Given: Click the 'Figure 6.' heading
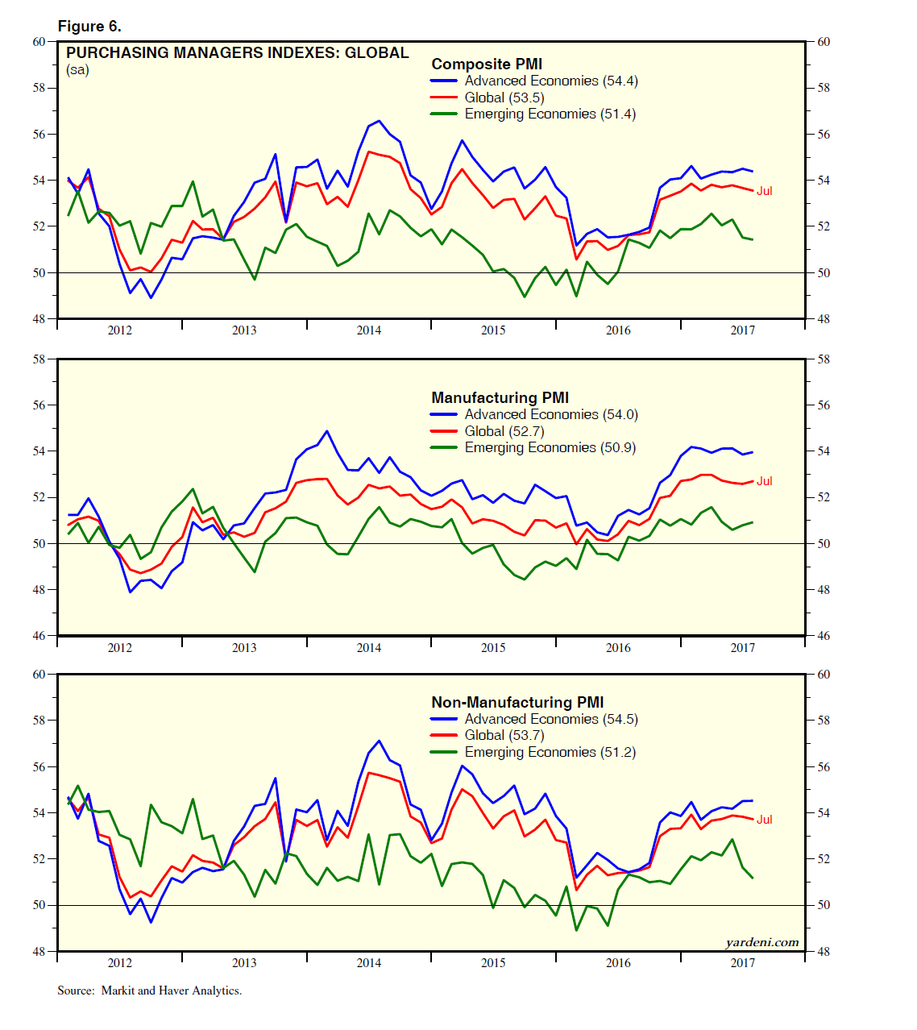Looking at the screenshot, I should tap(89, 27).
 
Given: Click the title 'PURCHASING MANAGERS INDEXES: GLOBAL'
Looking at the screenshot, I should tap(237, 53).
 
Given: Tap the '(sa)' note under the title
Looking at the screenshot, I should tap(77, 70).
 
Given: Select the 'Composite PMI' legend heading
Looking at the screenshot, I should tap(487, 64).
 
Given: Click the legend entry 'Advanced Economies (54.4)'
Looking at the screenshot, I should tap(551, 81).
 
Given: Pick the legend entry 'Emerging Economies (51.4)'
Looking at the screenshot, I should tap(550, 114).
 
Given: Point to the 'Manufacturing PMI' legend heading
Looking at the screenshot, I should tap(500, 397).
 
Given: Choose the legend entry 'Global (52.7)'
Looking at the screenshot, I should tap(504, 431).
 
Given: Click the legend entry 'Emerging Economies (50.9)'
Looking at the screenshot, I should tap(550, 448).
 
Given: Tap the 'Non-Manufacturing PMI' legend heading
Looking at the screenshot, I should tap(517, 702).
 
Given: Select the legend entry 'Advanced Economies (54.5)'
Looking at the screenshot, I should tap(551, 719).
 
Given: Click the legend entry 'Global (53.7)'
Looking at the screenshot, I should tap(504, 735).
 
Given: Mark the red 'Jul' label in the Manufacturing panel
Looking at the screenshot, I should tap(764, 481).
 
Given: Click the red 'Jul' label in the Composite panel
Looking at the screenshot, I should tap(764, 191).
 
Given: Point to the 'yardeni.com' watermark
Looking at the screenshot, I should tap(761, 942).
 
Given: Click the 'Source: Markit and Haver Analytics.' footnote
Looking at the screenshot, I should tap(149, 991).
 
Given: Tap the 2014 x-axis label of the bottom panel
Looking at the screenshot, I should tap(369, 963).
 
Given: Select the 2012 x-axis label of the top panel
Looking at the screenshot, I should tap(120, 330).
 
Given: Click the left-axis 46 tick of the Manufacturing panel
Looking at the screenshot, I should tap(39, 636).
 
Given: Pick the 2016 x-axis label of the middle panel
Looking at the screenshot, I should tap(618, 648).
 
